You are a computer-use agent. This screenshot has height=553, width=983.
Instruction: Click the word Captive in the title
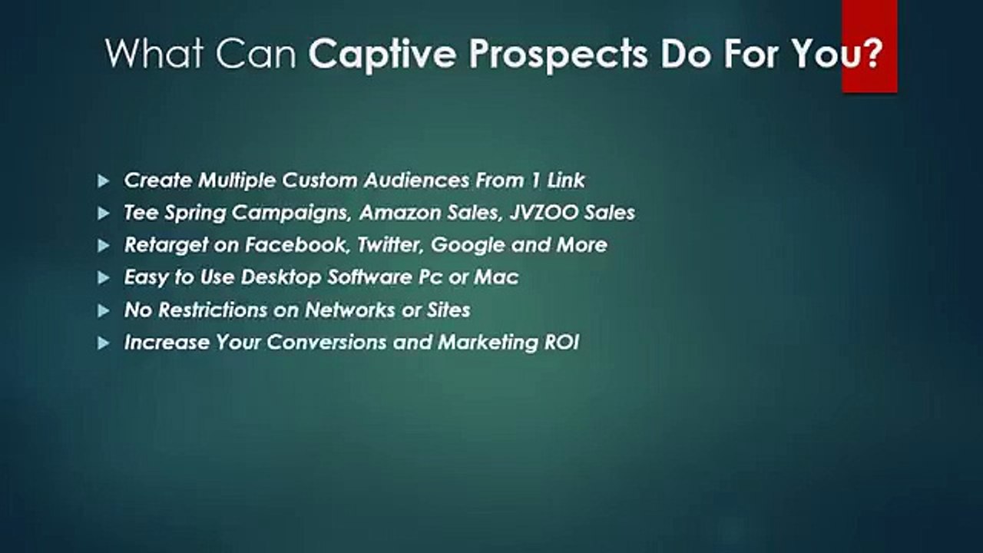pos(382,55)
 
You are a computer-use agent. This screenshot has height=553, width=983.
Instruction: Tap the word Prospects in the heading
pos(558,55)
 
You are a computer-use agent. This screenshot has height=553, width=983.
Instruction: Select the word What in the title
pos(154,53)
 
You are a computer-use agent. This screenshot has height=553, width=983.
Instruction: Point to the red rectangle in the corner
pos(869,46)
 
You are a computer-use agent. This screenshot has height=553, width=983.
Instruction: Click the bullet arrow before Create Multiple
pos(104,180)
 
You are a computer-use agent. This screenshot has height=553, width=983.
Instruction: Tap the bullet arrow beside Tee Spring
pos(104,214)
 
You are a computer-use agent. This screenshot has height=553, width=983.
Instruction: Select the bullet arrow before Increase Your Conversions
pos(104,343)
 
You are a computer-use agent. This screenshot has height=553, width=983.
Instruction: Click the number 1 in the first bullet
pos(535,180)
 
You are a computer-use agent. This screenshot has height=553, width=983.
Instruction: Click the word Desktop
pos(281,278)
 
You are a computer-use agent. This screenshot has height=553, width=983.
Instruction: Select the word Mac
pos(496,277)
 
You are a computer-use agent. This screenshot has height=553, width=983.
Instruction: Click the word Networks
pos(350,310)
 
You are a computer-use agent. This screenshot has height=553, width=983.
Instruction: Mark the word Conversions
pos(327,343)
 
